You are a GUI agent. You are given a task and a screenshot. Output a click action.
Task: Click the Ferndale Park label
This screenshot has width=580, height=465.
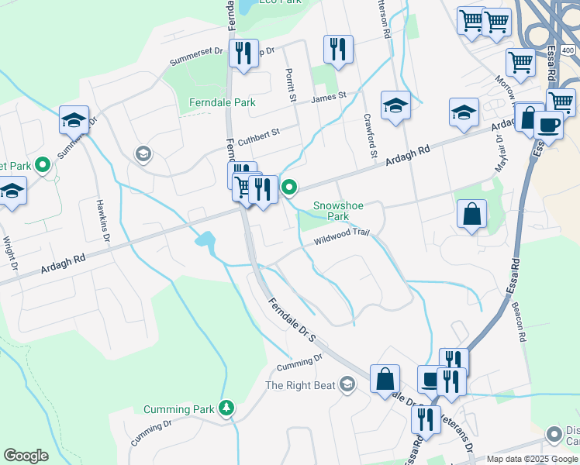[223, 102]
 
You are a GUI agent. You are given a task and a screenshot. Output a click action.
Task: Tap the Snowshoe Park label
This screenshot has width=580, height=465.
[338, 211]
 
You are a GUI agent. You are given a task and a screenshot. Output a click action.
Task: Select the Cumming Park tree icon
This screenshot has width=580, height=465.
[226, 408]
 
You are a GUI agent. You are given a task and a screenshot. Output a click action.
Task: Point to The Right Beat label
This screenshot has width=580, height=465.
[301, 385]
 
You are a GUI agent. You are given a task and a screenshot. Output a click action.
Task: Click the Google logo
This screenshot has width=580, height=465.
[26, 456]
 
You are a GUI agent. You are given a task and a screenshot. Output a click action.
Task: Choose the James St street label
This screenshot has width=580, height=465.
[328, 98]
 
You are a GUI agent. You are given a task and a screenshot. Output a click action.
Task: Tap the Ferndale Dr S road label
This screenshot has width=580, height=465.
[291, 319]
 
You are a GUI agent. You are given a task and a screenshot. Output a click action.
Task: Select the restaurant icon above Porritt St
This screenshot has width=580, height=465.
[338, 51]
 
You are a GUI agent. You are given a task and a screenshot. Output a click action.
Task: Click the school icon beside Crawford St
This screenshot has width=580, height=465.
[395, 105]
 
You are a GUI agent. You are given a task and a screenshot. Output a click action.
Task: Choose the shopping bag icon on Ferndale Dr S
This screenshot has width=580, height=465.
[385, 380]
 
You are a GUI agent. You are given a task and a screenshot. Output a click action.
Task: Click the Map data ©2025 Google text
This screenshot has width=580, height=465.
[532, 459]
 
